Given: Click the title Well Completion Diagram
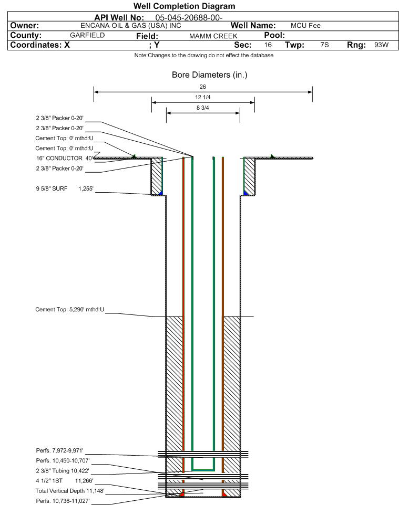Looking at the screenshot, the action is pyautogui.click(x=185, y=6).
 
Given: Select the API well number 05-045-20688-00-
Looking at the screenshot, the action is pyautogui.click(x=189, y=18).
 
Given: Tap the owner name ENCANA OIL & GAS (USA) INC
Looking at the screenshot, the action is pyautogui.click(x=131, y=26).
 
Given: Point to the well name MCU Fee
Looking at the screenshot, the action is pyautogui.click(x=305, y=26).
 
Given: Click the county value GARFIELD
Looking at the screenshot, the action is pyautogui.click(x=87, y=35).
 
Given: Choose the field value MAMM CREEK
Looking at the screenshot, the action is pyautogui.click(x=213, y=36).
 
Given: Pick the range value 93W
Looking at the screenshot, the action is pyautogui.click(x=381, y=45).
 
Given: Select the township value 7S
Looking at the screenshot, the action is pyautogui.click(x=324, y=45).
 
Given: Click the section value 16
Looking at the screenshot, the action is pyautogui.click(x=268, y=45).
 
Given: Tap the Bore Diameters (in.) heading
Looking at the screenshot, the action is pyautogui.click(x=209, y=75).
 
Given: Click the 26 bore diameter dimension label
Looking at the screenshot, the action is pyautogui.click(x=202, y=87).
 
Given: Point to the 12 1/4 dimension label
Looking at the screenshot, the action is pyautogui.click(x=203, y=97).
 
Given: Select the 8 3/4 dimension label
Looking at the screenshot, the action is pyautogui.click(x=203, y=108).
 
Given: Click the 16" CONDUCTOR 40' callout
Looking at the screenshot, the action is pyautogui.click(x=65, y=159).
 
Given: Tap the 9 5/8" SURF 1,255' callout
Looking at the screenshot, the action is pyautogui.click(x=65, y=189).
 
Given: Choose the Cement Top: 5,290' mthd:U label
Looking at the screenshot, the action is pyautogui.click(x=70, y=310).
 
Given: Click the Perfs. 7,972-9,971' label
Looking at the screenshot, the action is pyautogui.click(x=60, y=450).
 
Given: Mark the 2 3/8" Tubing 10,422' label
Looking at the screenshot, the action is pyautogui.click(x=63, y=471).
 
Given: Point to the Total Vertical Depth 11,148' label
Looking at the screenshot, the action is pyautogui.click(x=70, y=491).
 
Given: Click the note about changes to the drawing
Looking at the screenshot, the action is pyautogui.click(x=204, y=56).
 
